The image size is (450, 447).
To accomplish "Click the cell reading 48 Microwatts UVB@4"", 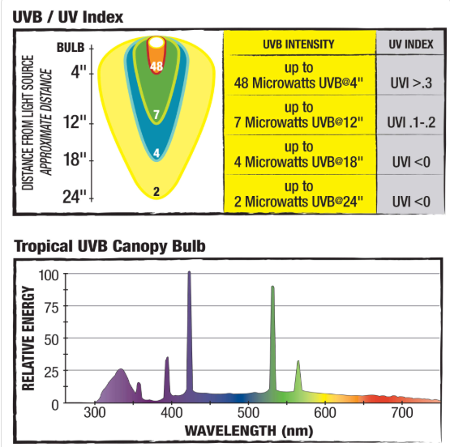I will click(x=299, y=74).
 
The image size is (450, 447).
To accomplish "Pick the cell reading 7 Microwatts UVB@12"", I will click(x=299, y=115).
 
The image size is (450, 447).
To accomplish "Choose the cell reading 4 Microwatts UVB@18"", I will click(x=299, y=155).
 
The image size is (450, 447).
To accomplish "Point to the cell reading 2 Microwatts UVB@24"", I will click(x=299, y=194).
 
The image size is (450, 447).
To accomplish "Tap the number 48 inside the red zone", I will click(x=157, y=66).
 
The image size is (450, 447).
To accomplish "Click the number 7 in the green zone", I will click(x=156, y=116).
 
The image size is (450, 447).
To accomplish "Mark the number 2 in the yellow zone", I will click(x=156, y=191).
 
